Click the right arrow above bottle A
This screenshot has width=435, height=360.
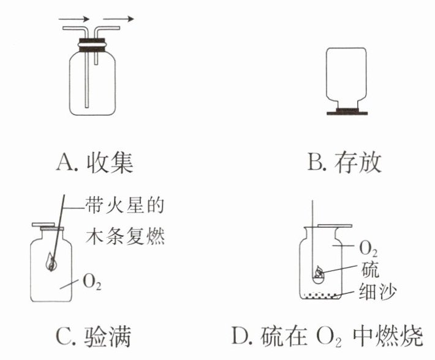point(119,19)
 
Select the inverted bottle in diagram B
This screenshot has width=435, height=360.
point(346,78)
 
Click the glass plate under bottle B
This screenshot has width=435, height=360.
point(347,112)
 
